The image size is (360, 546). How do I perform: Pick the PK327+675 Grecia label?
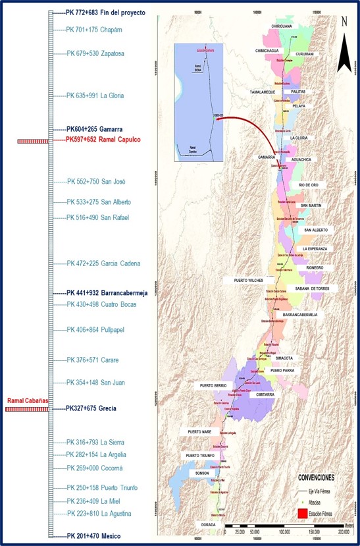tap(91, 408)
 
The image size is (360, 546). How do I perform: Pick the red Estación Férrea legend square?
tap(302, 512)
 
